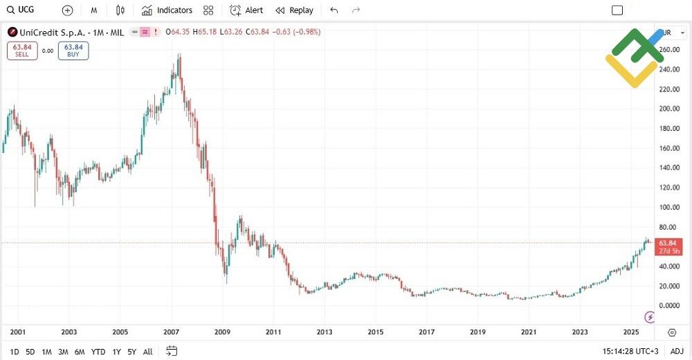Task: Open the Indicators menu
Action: (x=167, y=10)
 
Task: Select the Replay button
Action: (x=294, y=10)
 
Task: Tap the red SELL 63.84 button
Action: (x=22, y=51)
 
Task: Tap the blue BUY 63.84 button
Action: (x=73, y=51)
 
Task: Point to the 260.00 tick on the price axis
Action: (x=670, y=50)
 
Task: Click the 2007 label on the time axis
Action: (x=172, y=333)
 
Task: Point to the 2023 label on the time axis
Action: (x=580, y=333)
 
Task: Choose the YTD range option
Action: (x=98, y=352)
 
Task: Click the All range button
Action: (x=147, y=352)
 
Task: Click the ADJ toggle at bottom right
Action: (x=677, y=352)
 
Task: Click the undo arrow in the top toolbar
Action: (x=334, y=10)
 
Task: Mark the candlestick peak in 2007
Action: (x=180, y=55)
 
